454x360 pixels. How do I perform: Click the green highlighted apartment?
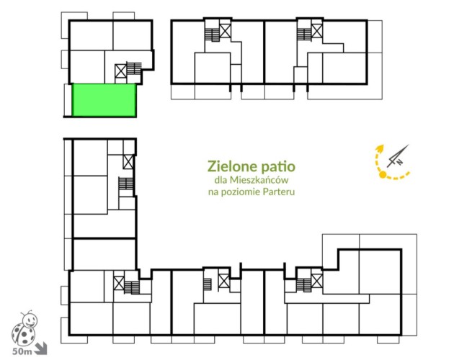(104, 100)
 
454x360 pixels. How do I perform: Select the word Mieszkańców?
(259, 180)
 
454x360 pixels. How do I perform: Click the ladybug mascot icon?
(25, 328)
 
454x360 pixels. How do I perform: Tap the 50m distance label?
(22, 351)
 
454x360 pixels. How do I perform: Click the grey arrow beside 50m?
(40, 348)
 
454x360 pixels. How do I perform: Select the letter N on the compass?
(400, 162)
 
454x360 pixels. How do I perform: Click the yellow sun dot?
(383, 174)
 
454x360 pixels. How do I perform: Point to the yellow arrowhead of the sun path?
(380, 148)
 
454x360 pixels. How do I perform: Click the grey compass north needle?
(398, 156)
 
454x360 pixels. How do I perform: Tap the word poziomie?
(241, 192)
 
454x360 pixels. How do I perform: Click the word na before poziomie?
(213, 192)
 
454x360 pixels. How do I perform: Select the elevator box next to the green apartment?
(121, 71)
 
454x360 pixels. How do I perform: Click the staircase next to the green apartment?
(134, 68)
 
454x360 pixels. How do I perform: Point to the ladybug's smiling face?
(30, 320)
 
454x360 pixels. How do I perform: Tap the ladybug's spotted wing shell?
(24, 336)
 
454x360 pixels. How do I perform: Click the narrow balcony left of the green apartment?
(68, 100)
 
